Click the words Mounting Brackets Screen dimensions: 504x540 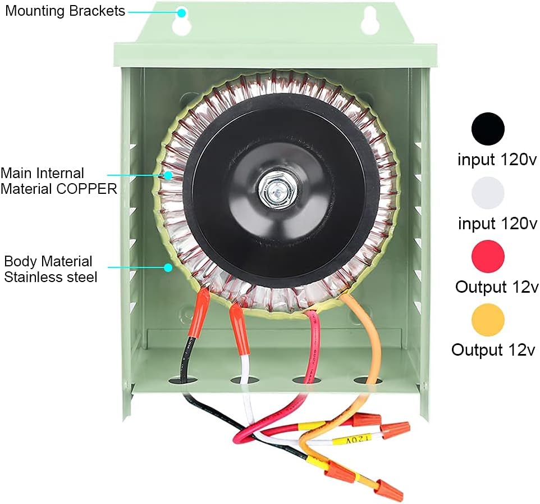[65, 11]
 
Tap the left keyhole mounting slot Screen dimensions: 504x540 [182, 21]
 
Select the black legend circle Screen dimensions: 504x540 [488, 129]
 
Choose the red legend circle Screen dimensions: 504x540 [488, 257]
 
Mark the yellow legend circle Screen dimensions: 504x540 [488, 320]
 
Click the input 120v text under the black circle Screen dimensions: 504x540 [497, 160]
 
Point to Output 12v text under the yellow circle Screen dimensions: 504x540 [495, 350]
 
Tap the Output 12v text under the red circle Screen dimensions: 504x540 [497, 287]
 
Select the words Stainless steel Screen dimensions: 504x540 [51, 277]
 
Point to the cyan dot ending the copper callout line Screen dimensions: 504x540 [167, 175]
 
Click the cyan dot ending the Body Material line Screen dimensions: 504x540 [168, 267]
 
